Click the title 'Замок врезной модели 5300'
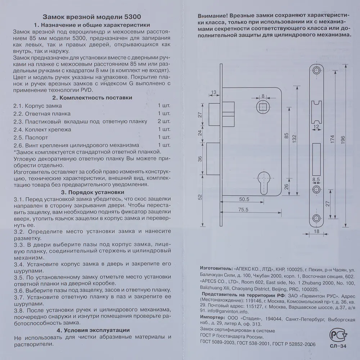(92, 17)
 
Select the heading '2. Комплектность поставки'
(92, 98)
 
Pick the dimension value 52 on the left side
(201, 197)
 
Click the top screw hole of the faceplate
(316, 71)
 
